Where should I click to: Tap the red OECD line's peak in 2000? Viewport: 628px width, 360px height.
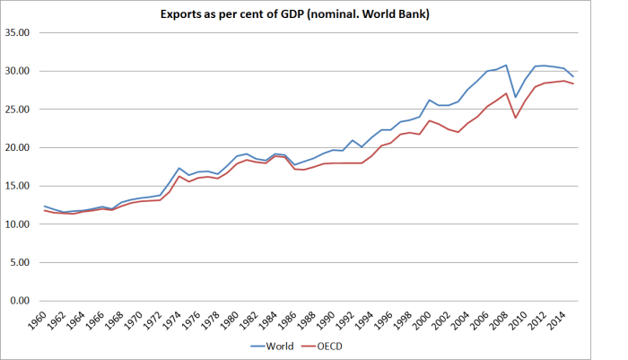click(x=430, y=120)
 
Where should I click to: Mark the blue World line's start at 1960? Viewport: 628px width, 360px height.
click(x=45, y=206)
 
